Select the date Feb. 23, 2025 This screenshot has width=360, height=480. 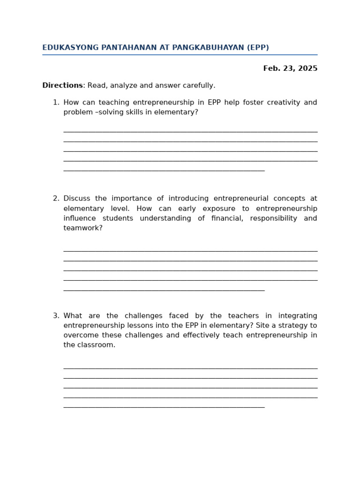[x=290, y=68]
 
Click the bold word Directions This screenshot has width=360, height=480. [x=62, y=86]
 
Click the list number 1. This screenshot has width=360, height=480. [x=56, y=103]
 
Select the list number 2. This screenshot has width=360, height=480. [x=56, y=199]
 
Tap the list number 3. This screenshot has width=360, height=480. [x=56, y=316]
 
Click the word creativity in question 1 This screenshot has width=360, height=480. [x=277, y=103]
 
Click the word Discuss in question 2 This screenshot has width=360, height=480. [x=76, y=199]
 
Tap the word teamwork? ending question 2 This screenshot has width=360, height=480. [x=83, y=228]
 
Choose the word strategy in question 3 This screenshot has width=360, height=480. [x=293, y=326]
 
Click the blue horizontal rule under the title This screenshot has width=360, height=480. [x=180, y=55]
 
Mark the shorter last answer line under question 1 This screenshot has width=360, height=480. [x=164, y=171]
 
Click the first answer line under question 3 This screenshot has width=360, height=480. [x=190, y=368]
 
